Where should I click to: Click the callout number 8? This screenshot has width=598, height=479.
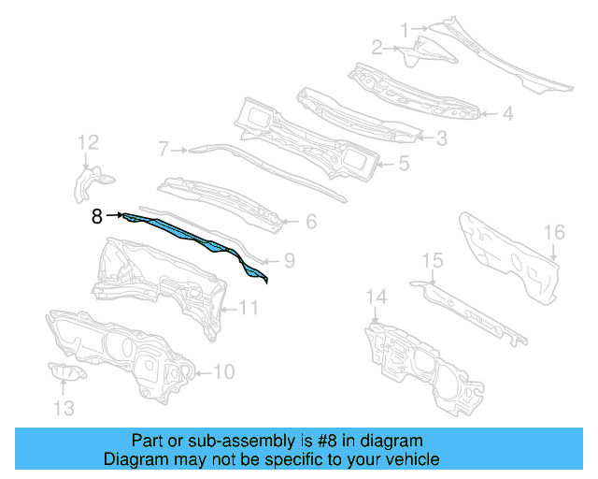click(x=97, y=216)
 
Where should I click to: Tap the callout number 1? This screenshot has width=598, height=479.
click(x=405, y=30)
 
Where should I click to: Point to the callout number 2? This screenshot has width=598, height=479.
click(x=377, y=47)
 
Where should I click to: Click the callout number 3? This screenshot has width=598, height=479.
click(x=441, y=138)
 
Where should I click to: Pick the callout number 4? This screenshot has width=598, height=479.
click(x=507, y=115)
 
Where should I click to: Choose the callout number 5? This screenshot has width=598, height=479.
click(x=404, y=163)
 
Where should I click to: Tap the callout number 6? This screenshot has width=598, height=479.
click(x=311, y=222)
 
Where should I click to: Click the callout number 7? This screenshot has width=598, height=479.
click(x=163, y=148)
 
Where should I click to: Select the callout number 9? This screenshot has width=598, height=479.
click(x=289, y=261)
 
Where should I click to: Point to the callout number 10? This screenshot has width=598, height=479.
click(x=223, y=372)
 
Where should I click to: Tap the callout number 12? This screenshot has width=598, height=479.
click(x=88, y=142)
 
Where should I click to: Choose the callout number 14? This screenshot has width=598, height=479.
click(x=375, y=298)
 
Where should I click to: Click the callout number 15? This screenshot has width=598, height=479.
click(x=432, y=259)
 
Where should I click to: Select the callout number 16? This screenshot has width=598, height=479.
click(x=554, y=232)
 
